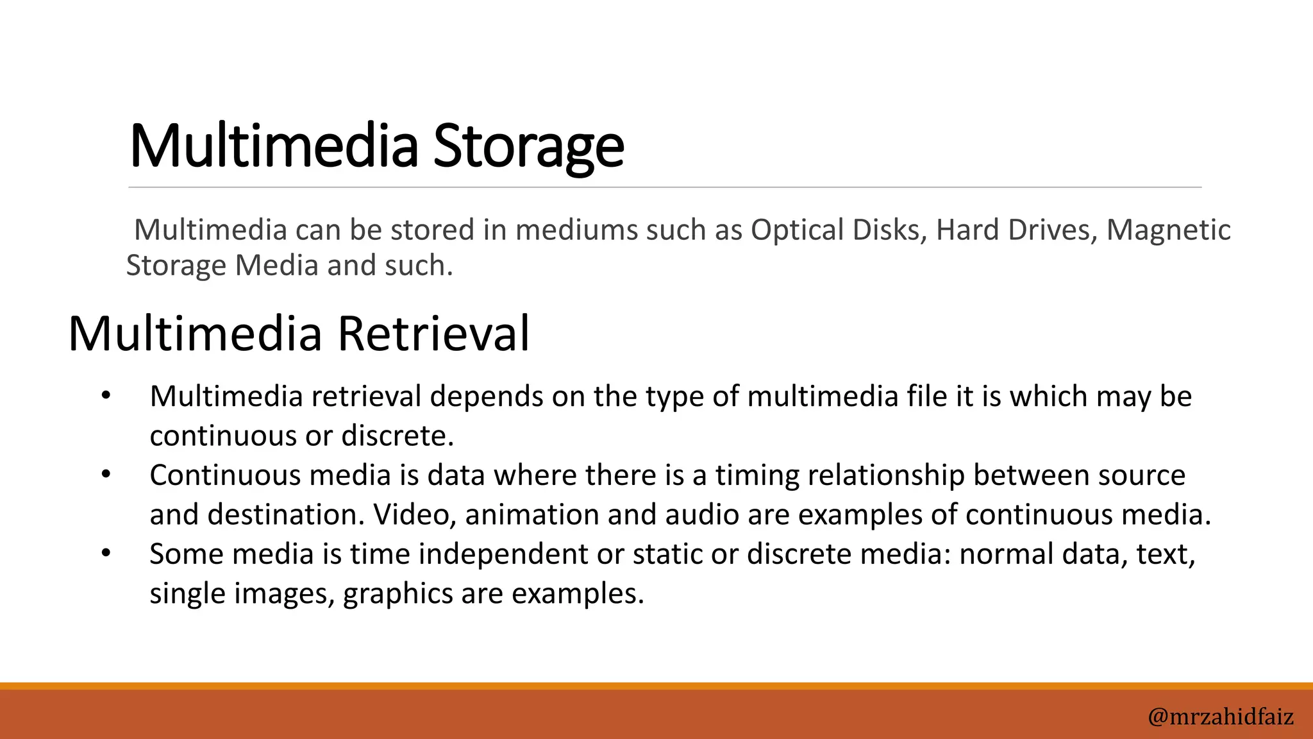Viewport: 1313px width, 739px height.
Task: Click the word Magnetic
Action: coord(1168,230)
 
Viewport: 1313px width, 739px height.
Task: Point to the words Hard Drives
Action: coord(1014,230)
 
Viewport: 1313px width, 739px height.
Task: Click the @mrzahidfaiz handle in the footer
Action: coord(1221,716)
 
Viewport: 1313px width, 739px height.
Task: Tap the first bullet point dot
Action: coord(106,396)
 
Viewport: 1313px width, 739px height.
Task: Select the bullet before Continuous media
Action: coord(106,475)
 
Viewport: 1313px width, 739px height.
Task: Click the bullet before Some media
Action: coord(106,553)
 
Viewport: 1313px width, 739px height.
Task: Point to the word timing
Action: coord(757,475)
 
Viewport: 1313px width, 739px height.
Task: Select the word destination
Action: coord(285,514)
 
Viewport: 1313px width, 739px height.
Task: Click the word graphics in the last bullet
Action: coord(398,593)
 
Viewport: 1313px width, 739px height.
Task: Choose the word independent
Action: coord(503,554)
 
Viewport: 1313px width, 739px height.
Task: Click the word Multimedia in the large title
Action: coord(274,146)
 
